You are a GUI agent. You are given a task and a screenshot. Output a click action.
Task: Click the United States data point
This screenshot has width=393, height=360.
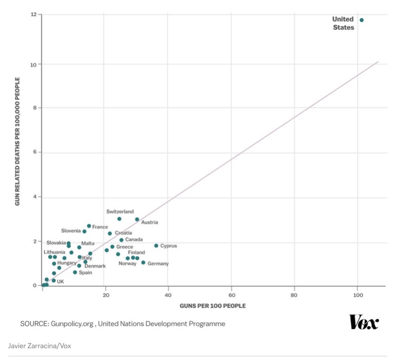(x=362, y=20)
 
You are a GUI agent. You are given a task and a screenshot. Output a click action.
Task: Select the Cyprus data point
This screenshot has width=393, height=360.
(x=156, y=245)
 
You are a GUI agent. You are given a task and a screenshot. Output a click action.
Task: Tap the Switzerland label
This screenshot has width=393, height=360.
(x=120, y=212)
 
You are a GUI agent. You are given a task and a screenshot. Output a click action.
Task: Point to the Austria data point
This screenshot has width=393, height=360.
(x=137, y=219)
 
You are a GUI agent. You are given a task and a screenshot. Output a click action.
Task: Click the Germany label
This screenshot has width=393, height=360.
(x=158, y=263)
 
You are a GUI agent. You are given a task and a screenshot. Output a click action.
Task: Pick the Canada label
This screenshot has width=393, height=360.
(x=134, y=240)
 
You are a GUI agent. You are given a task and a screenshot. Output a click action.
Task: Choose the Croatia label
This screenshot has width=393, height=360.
(x=123, y=233)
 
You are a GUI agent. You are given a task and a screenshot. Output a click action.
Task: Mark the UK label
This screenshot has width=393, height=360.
(x=61, y=281)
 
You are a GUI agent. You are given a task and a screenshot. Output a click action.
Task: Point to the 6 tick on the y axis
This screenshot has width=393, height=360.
(x=34, y=153)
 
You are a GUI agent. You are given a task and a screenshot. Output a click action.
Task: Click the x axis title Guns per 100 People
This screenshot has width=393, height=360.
(x=212, y=306)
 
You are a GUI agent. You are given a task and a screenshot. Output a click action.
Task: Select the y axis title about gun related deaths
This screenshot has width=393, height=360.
(x=17, y=142)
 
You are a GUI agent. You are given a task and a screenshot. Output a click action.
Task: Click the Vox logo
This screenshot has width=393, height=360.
(x=364, y=323)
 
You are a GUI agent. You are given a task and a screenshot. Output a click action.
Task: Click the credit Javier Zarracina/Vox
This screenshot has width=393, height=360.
(x=40, y=346)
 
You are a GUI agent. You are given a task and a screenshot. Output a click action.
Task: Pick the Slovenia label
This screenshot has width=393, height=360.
(x=71, y=231)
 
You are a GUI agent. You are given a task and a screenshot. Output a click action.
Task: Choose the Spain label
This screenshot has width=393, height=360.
(x=86, y=273)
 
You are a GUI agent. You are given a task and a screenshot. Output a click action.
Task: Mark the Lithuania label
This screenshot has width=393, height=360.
(x=54, y=252)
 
